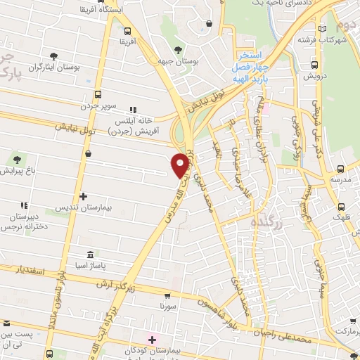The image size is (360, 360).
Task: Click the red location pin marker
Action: (x=180, y=164)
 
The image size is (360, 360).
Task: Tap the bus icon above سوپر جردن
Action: (x=98, y=94)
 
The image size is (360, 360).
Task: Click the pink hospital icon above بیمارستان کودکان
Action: (x=152, y=339)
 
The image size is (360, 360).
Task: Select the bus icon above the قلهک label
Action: (x=341, y=207)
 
